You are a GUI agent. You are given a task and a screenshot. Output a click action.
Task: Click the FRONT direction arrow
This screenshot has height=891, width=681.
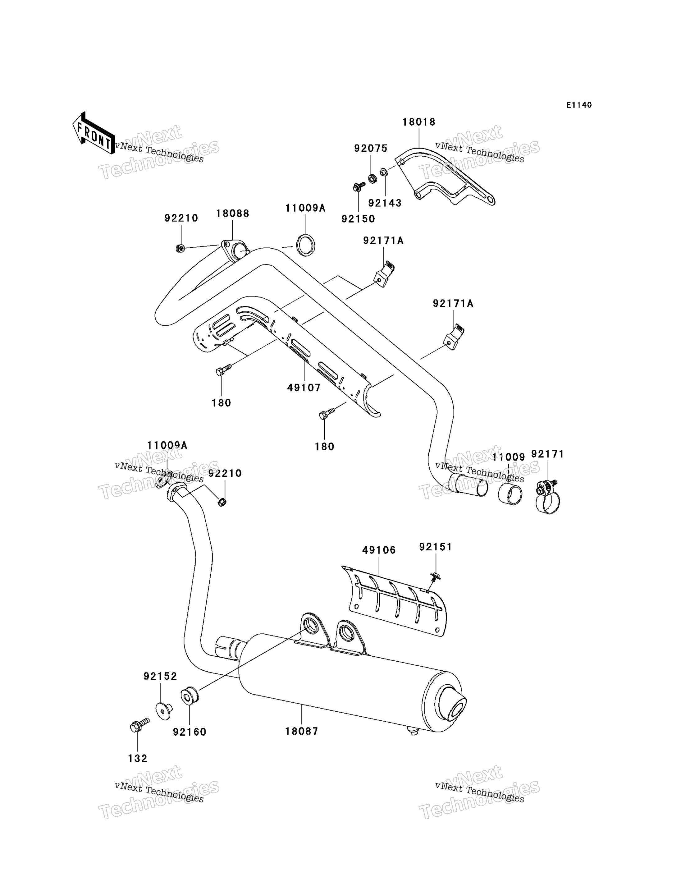coord(93,133)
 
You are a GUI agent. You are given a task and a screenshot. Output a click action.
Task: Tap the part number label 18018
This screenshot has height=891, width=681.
coord(419,122)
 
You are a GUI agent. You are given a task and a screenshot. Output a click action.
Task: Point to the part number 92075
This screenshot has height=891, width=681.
coord(371,149)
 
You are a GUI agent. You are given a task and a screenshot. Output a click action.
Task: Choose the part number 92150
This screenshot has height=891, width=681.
coord(358,219)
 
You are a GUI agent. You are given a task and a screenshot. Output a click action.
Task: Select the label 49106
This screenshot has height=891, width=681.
coord(379,550)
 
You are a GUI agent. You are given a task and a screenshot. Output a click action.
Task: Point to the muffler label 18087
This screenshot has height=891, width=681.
coord(302,731)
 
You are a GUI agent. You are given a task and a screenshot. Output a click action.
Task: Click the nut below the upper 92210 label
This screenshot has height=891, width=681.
coord(181,248)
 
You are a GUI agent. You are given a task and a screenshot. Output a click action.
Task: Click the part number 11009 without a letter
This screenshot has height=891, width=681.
coord(508,457)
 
